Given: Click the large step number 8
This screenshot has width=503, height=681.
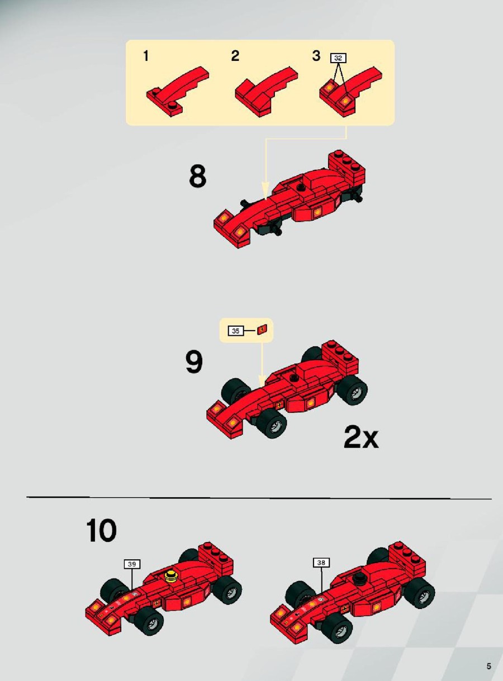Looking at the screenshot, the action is [197, 176].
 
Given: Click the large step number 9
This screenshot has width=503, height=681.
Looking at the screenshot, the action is [194, 363].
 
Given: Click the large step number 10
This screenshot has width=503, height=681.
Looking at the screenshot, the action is [101, 530].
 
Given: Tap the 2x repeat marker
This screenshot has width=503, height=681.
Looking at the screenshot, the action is [361, 437].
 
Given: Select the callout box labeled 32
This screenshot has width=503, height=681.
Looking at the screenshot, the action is [338, 58].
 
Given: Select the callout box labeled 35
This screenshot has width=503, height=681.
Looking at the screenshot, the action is [236, 331].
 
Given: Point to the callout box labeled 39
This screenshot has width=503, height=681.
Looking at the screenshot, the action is [132, 564].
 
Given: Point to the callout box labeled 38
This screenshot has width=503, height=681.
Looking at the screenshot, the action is [321, 563].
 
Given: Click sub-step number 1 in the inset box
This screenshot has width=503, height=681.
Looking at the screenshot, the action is [146, 56].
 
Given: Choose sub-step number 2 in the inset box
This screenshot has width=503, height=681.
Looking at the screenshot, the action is [235, 55].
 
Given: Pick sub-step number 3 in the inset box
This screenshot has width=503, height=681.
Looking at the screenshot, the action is [316, 55].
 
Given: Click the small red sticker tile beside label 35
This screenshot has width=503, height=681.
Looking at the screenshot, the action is [263, 329].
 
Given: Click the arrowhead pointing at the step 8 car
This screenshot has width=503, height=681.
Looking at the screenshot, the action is [265, 191].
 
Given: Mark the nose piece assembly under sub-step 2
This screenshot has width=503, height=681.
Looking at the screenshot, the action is [266, 91].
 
